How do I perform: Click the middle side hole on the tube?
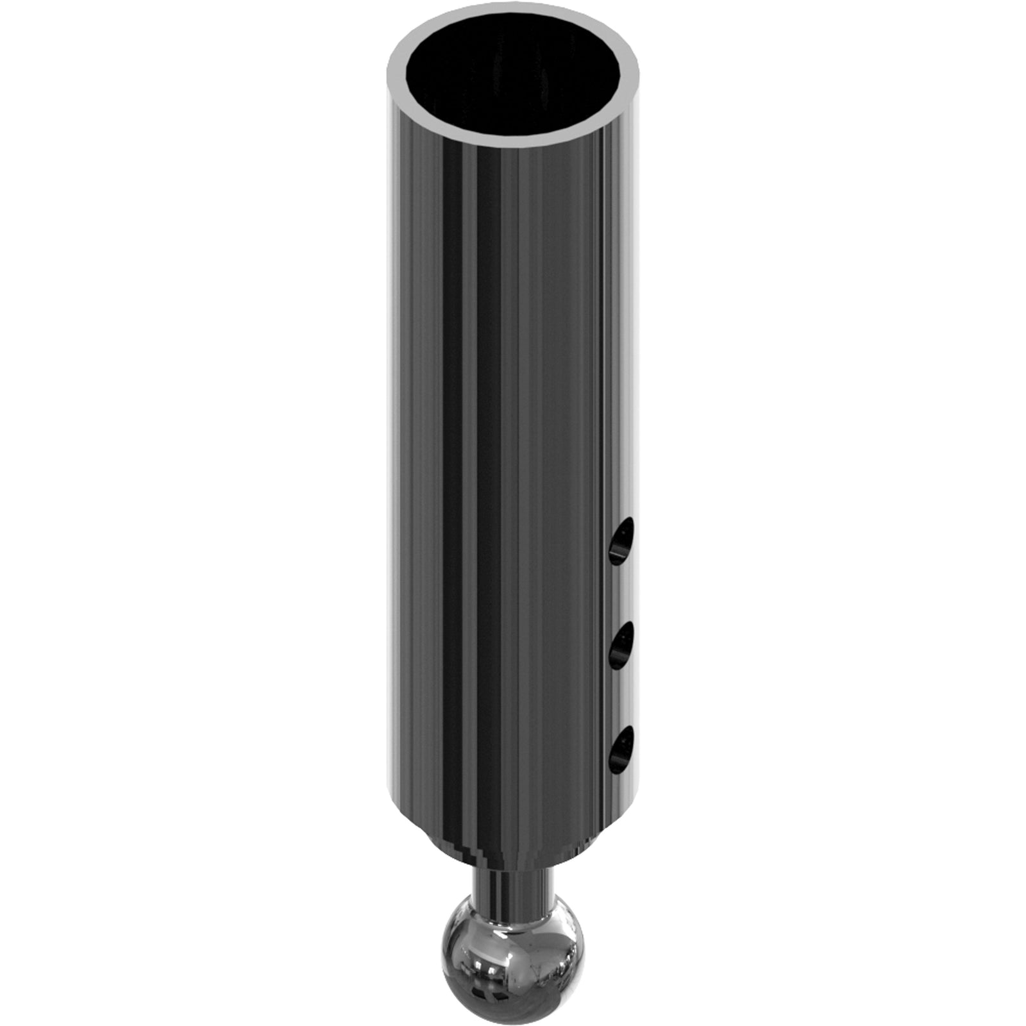tap(620, 644)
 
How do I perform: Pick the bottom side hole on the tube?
tap(620, 748)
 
